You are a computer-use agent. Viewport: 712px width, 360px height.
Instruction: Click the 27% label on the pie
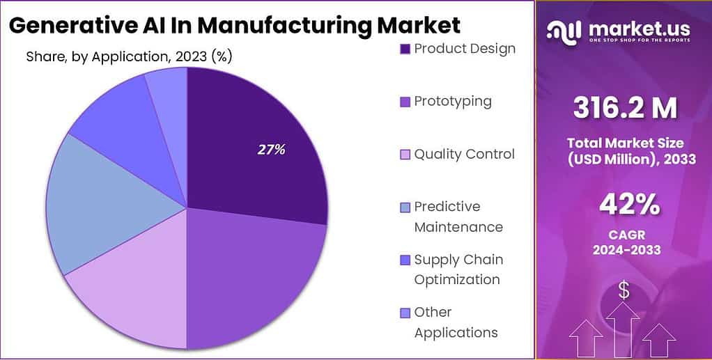tap(271, 149)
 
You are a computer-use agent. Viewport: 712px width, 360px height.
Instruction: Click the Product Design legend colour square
tap(405, 49)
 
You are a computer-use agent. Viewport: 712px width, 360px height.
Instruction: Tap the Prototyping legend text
tap(453, 101)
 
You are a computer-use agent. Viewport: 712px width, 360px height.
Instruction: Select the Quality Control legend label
tap(464, 154)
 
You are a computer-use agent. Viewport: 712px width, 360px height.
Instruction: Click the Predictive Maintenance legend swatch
tap(405, 207)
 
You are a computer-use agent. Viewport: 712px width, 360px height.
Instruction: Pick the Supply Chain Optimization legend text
tap(458, 269)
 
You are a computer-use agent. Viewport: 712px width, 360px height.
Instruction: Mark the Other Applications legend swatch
tap(405, 313)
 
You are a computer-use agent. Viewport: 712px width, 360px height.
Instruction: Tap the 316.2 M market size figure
tap(625, 108)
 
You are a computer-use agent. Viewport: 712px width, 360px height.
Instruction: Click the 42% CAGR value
tap(630, 205)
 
